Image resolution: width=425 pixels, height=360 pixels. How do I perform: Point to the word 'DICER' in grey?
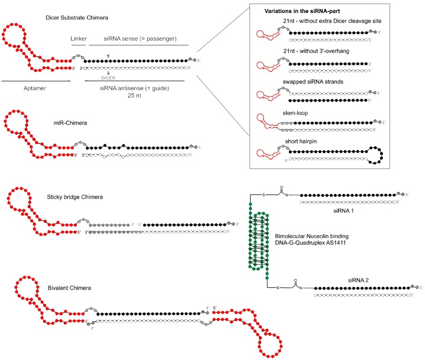pyautogui.click(x=109, y=78)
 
